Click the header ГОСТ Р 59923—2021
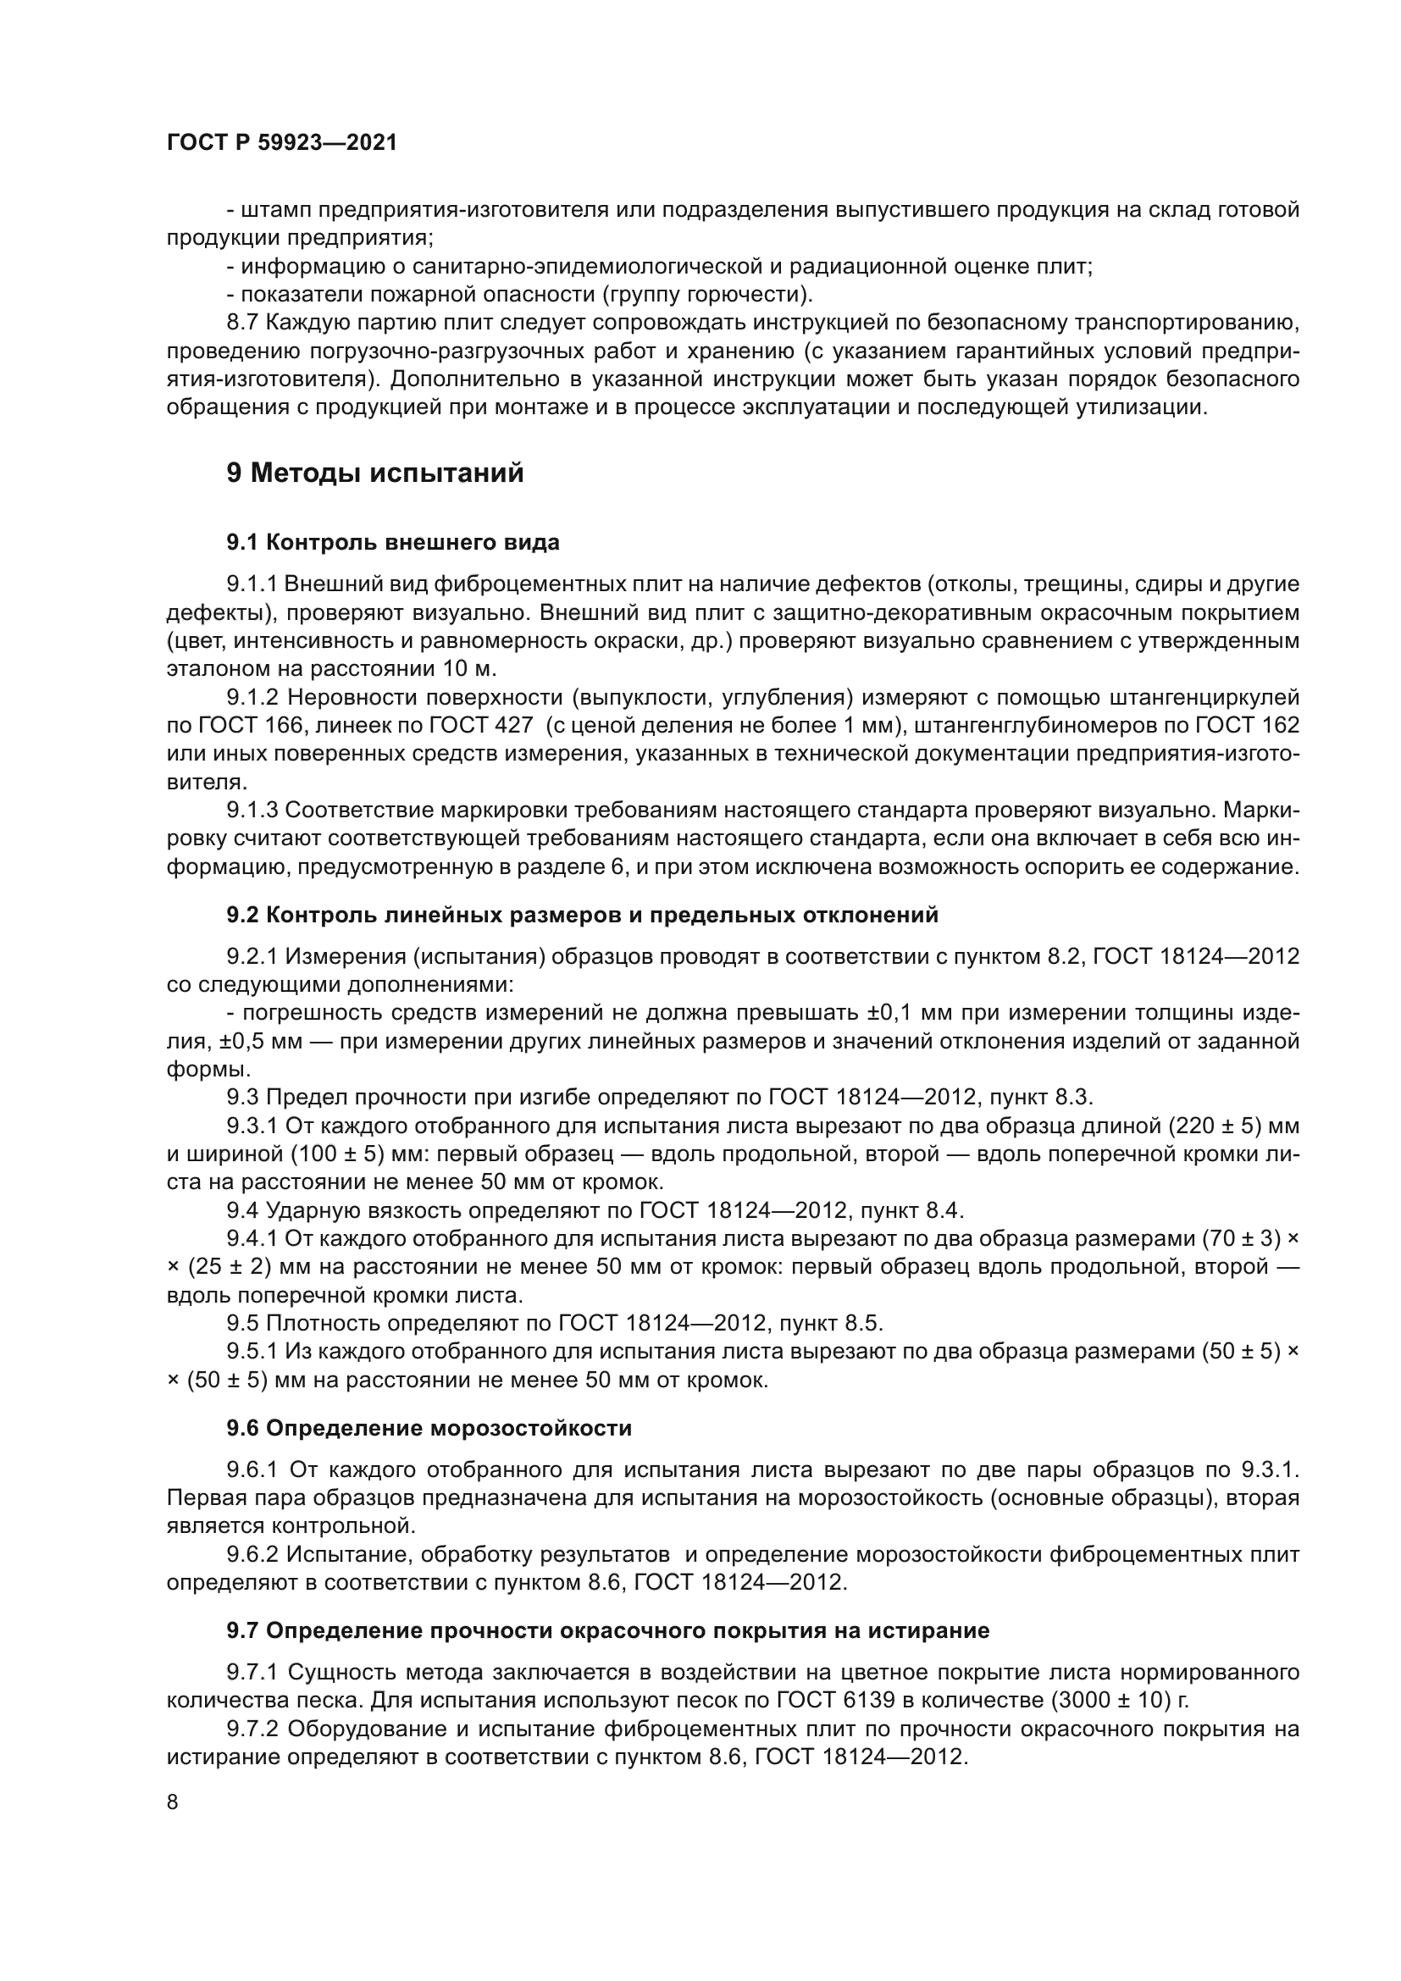tap(281, 143)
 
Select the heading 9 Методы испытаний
tap(375, 473)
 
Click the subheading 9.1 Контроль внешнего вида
tap(392, 543)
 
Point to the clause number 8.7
tap(242, 324)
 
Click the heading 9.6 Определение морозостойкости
tap(429, 1428)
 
